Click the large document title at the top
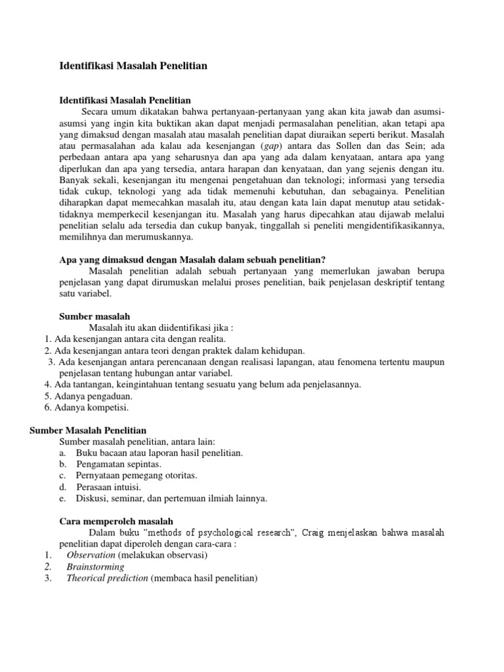pos(133,66)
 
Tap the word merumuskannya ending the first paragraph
pos(149,237)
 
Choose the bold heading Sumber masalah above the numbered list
pos(95,316)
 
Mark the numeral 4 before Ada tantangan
pos(47,384)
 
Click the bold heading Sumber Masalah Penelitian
pos(89,430)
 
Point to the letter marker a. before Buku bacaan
pos(62,453)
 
